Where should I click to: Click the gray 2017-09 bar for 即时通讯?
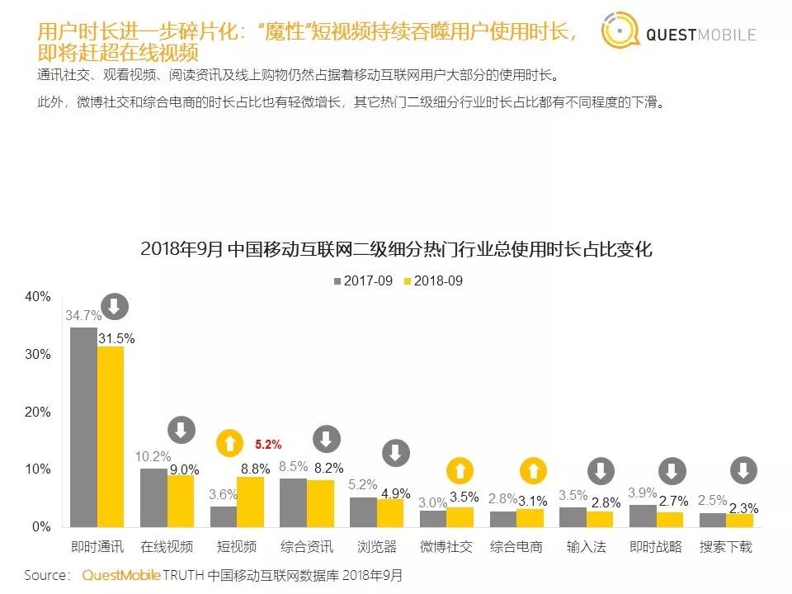pyautogui.click(x=83, y=427)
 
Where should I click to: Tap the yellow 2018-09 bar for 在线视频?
pyautogui.click(x=181, y=501)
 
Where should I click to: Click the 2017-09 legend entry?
pyautogui.click(x=362, y=281)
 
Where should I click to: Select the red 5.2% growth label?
pyautogui.click(x=268, y=445)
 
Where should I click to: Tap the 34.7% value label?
pyautogui.click(x=83, y=316)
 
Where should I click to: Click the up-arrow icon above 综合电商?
pyautogui.click(x=533, y=472)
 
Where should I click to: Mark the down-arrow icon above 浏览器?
pyautogui.click(x=396, y=453)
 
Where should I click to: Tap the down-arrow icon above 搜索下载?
pyautogui.click(x=743, y=471)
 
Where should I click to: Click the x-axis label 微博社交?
pyautogui.click(x=445, y=547)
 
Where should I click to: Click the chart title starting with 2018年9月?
pyautogui.click(x=396, y=249)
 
